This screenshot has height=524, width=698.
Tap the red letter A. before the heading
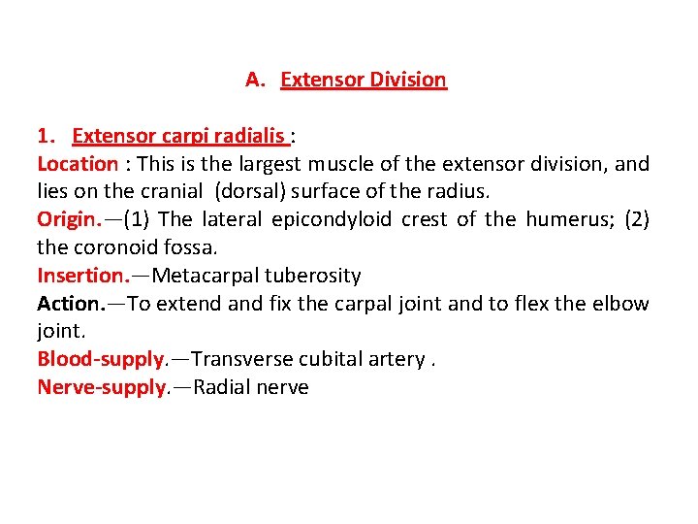click(255, 80)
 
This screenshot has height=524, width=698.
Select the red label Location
click(78, 164)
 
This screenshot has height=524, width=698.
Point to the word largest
click(272, 164)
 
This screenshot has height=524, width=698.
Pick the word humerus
click(560, 219)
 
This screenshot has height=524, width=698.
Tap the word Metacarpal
click(206, 276)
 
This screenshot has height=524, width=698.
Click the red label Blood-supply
click(100, 360)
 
